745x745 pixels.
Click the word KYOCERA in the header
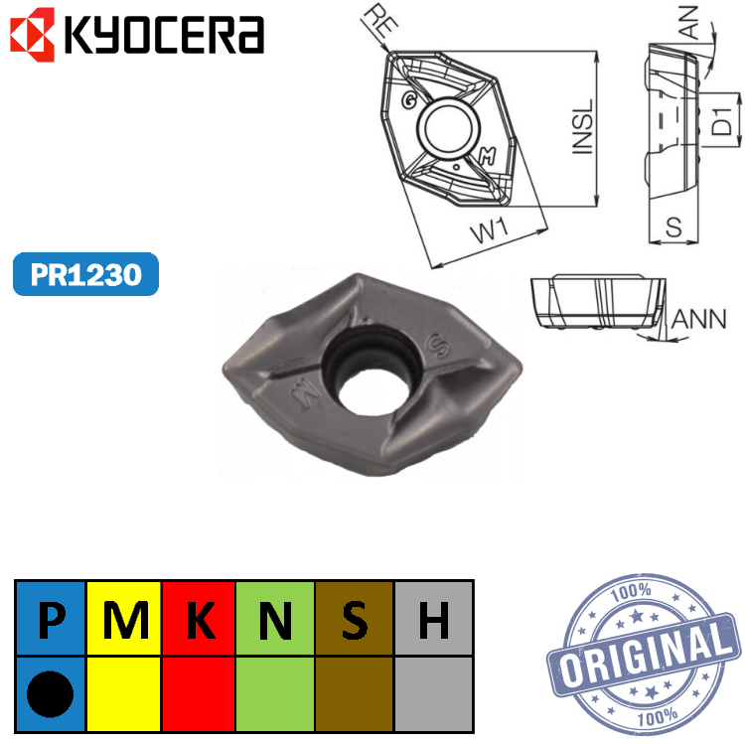point(164,35)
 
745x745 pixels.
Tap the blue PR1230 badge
point(85,274)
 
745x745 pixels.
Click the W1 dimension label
point(490,233)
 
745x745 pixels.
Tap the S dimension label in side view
point(674,227)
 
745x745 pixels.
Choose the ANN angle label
point(699,319)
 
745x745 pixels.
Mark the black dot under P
point(51,691)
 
